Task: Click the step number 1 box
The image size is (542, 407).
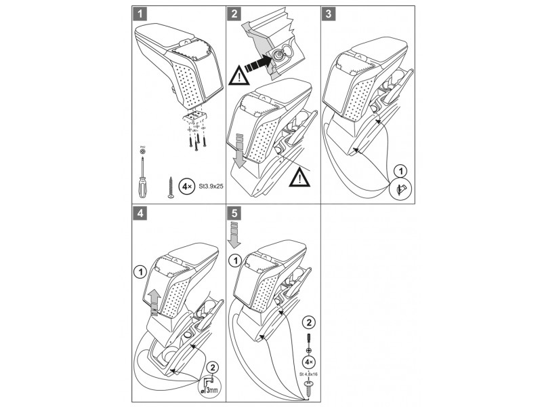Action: click(138, 13)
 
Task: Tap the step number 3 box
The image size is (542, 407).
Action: click(329, 13)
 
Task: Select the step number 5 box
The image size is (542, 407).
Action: click(233, 213)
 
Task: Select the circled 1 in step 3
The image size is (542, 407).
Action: click(401, 171)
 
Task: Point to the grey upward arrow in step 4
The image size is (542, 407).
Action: click(154, 299)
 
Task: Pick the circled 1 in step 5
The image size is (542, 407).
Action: click(234, 260)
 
